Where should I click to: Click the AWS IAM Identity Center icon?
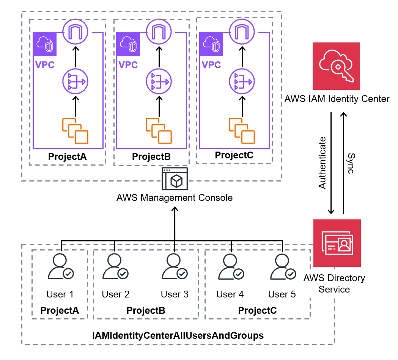(x=336, y=66)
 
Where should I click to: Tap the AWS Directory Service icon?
(x=337, y=243)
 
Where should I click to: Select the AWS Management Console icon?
(x=175, y=178)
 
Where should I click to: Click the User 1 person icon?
(x=61, y=266)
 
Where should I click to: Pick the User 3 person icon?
(x=175, y=266)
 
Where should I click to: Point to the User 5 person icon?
(x=283, y=266)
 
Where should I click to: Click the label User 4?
(x=230, y=294)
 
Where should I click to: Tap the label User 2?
(x=115, y=294)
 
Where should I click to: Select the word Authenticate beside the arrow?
(x=322, y=163)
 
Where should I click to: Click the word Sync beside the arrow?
(x=351, y=163)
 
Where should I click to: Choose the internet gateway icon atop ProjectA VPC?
(x=76, y=32)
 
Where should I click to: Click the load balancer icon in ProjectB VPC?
(x=159, y=81)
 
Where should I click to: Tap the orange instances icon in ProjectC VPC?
(x=242, y=131)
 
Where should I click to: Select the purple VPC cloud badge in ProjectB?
(x=128, y=44)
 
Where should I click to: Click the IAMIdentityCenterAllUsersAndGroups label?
(x=178, y=335)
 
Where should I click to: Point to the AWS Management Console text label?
(x=175, y=198)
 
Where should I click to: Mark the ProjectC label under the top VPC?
(x=234, y=155)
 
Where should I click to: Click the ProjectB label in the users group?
(x=146, y=311)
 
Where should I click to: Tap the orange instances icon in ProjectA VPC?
(x=76, y=131)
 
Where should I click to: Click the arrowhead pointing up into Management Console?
(x=175, y=209)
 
